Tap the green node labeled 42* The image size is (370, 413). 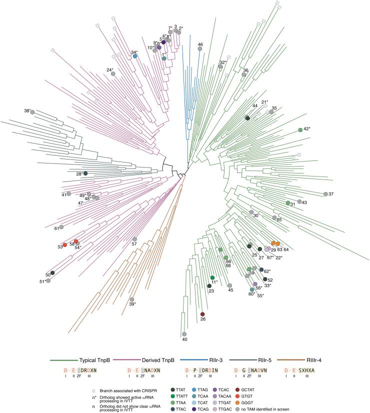point(300,130)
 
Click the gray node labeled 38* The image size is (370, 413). point(32,112)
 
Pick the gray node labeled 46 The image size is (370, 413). point(200,49)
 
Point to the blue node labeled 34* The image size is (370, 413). point(134,56)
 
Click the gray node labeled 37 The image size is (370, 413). point(326,194)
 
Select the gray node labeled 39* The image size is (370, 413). point(132,299)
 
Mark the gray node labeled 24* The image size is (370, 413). point(113,74)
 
